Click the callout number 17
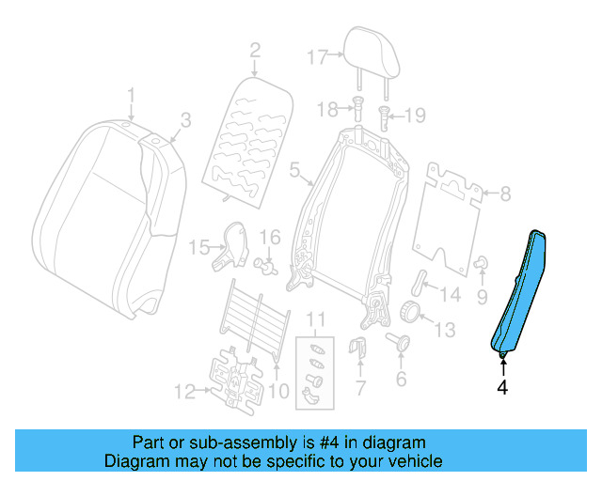pos(316,55)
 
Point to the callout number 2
pos(254,49)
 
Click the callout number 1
pos(132,95)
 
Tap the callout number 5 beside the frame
pos(293,171)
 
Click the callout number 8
pos(505,194)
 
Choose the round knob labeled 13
pos(410,313)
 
